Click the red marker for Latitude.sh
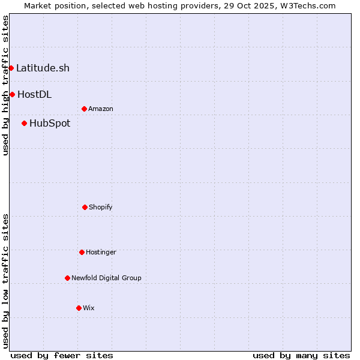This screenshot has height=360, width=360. [x=11, y=68]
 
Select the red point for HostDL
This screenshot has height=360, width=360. [x=12, y=94]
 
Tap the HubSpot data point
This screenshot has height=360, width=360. [x=24, y=123]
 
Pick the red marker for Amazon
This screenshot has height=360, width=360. [x=84, y=109]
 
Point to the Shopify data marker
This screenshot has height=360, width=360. [x=85, y=207]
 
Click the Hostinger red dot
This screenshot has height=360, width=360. [x=82, y=252]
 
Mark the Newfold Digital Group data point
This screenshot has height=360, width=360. [x=67, y=278]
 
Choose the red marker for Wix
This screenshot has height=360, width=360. [x=79, y=308]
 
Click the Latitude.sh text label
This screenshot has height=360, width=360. [x=43, y=68]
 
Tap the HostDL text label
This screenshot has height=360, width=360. [x=34, y=94]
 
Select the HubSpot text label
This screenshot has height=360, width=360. [x=50, y=124]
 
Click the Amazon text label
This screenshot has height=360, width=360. [x=101, y=109]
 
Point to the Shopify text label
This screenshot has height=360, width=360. [x=101, y=208]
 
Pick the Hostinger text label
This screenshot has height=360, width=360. [x=101, y=253]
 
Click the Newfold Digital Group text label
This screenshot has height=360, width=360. [x=106, y=278]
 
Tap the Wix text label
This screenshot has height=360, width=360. [x=89, y=308]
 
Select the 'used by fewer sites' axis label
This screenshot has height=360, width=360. [x=62, y=355]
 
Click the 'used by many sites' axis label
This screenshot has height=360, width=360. [x=301, y=355]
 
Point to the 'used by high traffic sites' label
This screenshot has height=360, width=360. [x=5, y=85]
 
